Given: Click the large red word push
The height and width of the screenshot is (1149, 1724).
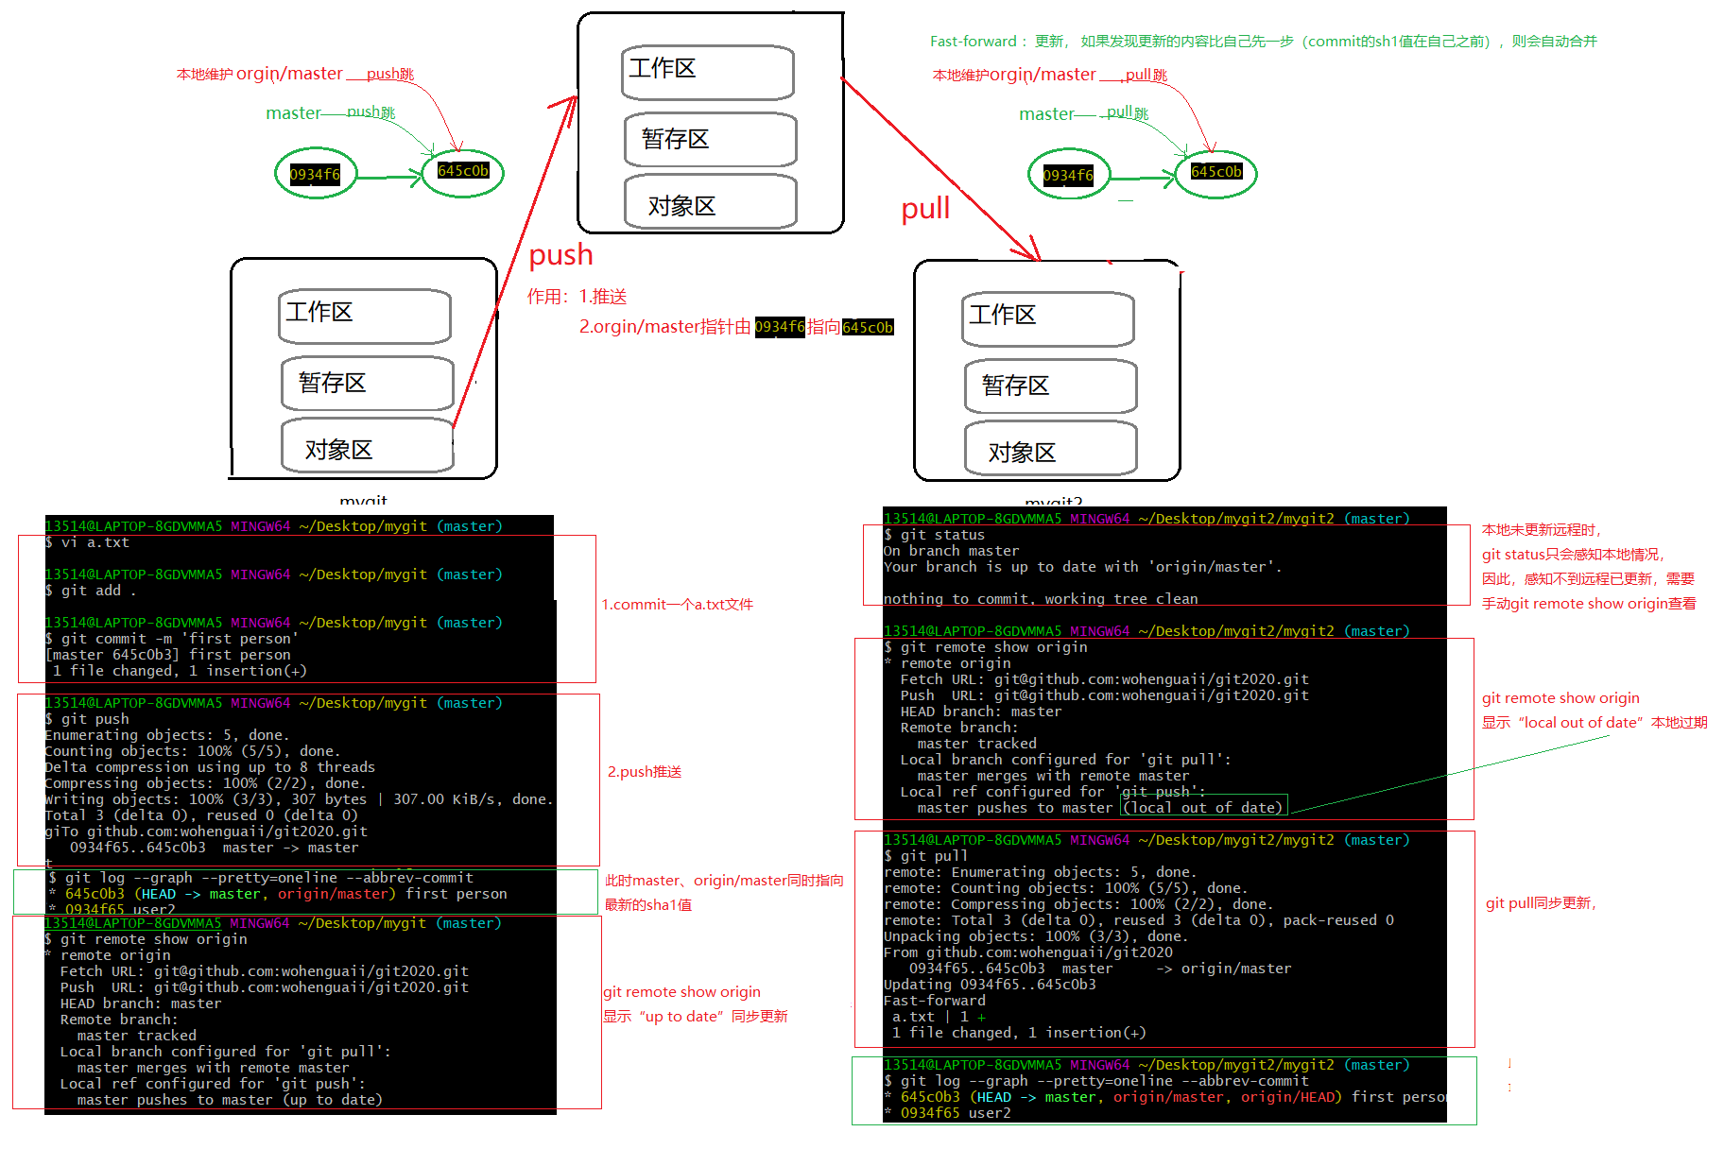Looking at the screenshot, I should click(560, 255).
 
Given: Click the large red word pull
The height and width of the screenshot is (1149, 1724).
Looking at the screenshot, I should click(925, 209).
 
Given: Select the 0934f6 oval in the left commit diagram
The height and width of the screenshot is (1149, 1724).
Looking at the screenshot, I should click(316, 174).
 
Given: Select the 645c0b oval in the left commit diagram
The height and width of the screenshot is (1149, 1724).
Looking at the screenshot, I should click(463, 171).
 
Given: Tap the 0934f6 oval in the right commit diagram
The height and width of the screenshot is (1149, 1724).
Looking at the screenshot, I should click(1068, 175).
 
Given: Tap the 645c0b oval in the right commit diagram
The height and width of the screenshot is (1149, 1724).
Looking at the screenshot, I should click(1215, 172).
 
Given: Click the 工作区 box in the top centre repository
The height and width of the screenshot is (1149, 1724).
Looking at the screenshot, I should click(707, 71).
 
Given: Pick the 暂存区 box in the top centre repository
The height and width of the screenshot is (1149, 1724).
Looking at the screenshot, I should click(710, 140).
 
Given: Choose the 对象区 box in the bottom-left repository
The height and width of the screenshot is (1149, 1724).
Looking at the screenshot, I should click(367, 447).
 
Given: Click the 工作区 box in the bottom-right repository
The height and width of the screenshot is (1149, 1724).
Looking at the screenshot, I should click(1047, 317).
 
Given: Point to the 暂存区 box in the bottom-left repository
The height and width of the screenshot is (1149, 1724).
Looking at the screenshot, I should click(367, 383).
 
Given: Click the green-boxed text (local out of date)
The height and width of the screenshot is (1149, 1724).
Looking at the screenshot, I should click(1203, 807).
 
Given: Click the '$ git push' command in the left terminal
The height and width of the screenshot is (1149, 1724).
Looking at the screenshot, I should click(88, 719).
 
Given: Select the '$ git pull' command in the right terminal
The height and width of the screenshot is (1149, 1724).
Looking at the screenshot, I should click(926, 856).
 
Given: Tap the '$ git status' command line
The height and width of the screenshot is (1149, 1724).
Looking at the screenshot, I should click(935, 535).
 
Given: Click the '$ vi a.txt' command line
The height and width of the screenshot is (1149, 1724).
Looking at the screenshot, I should click(88, 542).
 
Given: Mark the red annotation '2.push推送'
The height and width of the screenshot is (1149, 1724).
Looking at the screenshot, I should click(644, 772).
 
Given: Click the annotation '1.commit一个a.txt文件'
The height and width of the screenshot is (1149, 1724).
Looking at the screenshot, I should click(677, 605).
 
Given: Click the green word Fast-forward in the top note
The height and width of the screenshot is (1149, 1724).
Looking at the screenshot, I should click(973, 42).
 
